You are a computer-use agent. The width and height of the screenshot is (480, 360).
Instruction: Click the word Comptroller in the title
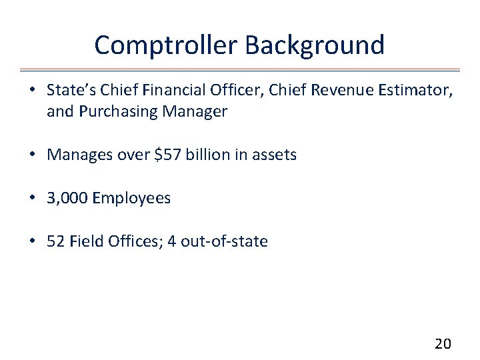(167, 45)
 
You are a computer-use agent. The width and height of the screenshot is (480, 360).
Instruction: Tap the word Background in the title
(315, 45)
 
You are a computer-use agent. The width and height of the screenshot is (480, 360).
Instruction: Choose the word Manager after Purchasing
(194, 111)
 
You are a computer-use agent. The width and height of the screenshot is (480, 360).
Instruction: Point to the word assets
(274, 155)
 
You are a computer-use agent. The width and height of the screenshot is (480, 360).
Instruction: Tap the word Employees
(131, 198)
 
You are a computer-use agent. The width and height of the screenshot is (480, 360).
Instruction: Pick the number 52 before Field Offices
(55, 241)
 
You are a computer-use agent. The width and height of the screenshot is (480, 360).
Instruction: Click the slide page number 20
(443, 344)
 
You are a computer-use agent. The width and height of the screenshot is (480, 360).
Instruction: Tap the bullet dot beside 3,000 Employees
(31, 199)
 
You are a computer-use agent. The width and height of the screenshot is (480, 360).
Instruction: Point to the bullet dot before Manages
(31, 155)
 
